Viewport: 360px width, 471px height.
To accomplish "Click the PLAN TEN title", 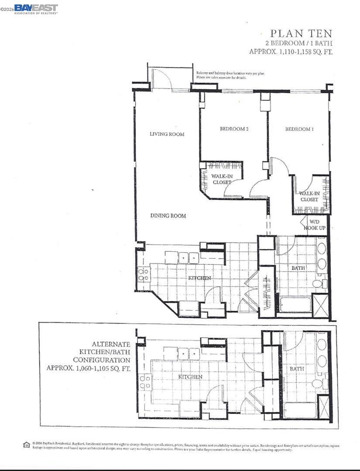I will coord(301,33).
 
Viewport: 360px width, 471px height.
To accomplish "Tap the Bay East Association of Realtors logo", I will coord(36,9).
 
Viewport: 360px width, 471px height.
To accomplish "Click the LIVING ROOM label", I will coord(167,134).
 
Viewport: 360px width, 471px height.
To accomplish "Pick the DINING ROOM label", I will coord(168,216).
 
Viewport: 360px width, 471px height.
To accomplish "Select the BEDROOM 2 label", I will coord(234,129).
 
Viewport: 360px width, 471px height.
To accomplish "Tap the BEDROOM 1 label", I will coord(299,129).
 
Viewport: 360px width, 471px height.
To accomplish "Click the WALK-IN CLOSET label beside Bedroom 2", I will coord(221,179).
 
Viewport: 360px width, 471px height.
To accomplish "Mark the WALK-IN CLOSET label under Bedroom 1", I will coord(309,196).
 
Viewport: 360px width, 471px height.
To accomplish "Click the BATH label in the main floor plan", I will coord(298,268).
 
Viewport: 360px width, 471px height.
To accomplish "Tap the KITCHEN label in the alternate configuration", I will coord(190,376).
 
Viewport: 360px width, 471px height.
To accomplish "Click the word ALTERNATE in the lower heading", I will coord(111,344).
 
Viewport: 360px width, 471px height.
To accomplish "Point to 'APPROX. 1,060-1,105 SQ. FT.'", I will coord(89,368).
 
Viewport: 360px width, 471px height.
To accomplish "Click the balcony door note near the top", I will coord(230,75).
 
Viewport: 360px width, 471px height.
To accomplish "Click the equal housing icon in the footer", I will coord(27,445).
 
